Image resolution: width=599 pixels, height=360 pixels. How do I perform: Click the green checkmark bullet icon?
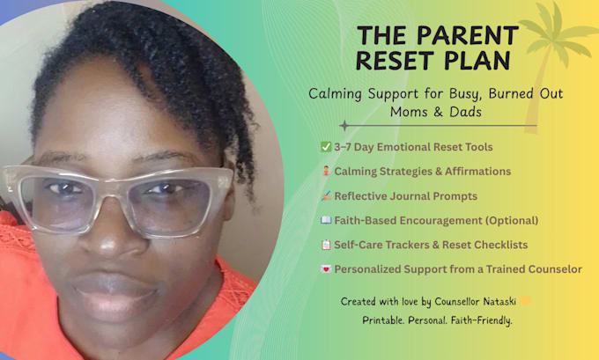pyautogui.click(x=326, y=147)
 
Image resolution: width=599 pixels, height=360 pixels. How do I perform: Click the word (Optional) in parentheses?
pyautogui.click(x=506, y=220)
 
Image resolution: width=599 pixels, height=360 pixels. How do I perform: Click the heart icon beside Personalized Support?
pyautogui.click(x=326, y=269)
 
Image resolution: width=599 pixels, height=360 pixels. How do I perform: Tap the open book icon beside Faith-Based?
pyautogui.click(x=326, y=220)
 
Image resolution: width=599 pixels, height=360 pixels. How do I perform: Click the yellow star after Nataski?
pyautogui.click(x=527, y=301)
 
